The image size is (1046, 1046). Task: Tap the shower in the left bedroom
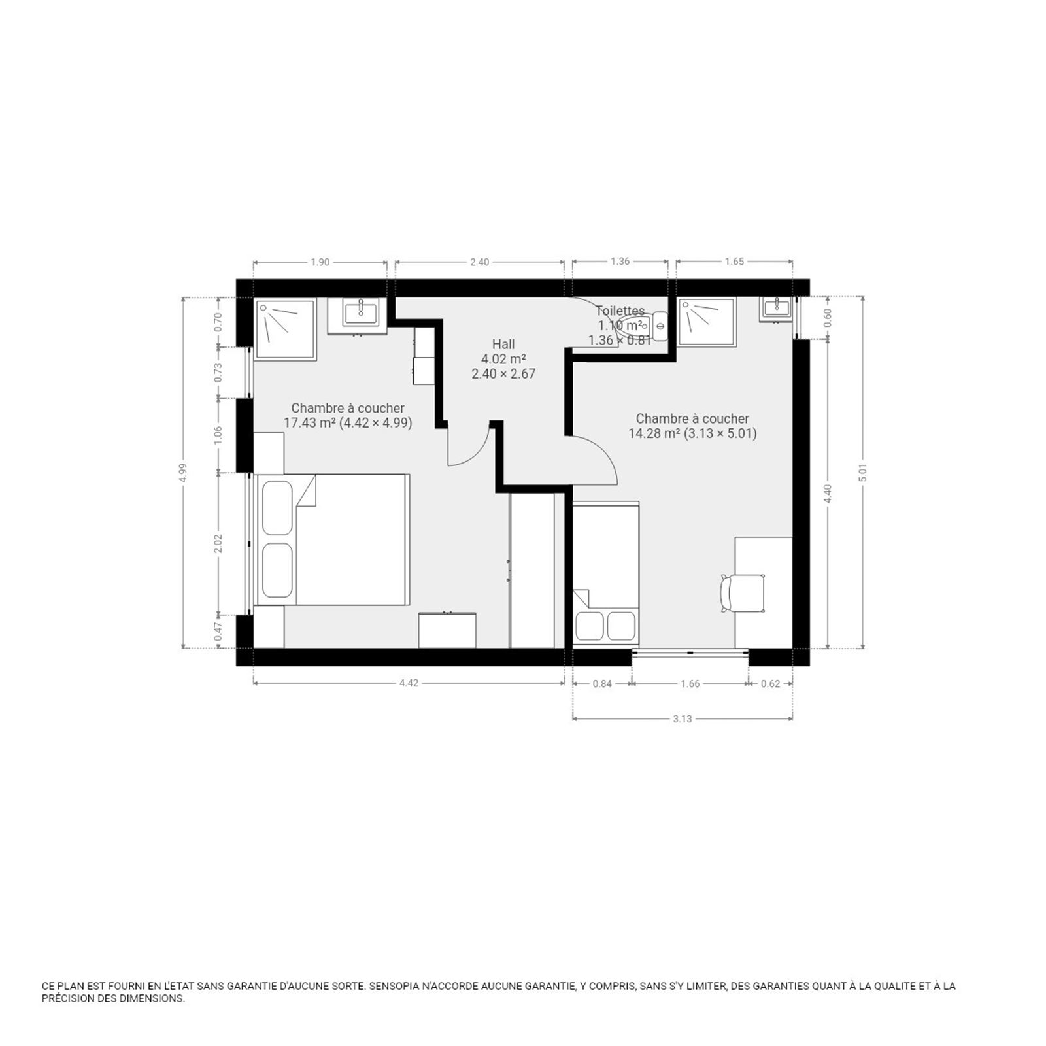(x=285, y=329)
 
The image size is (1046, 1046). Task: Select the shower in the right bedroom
(x=707, y=321)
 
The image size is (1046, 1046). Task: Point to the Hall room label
(x=503, y=345)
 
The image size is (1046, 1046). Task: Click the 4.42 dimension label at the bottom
(x=409, y=683)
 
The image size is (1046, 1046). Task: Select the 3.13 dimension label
(x=682, y=719)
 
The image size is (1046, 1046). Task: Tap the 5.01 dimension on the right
(x=863, y=473)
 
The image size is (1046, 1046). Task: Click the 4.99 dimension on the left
(x=183, y=473)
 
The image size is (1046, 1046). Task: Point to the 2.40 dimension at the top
(x=479, y=262)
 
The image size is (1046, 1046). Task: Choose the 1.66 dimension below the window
(x=690, y=684)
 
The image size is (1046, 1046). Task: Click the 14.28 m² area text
(x=654, y=433)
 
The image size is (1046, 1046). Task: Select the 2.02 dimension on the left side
(x=218, y=543)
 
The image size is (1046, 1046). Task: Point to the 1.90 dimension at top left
(x=320, y=262)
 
